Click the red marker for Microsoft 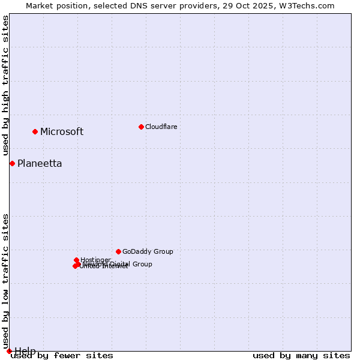point(35,131)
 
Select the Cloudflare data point point(141,127)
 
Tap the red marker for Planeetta point(12,163)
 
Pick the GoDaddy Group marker point(118,251)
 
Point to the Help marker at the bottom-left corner point(9,351)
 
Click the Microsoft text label point(62,132)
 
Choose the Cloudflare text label point(161,127)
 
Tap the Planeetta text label point(40,164)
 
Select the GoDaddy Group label point(148,252)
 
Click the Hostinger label point(95,260)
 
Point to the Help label point(25,351)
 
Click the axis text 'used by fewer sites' point(62,356)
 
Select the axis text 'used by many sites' point(301,356)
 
